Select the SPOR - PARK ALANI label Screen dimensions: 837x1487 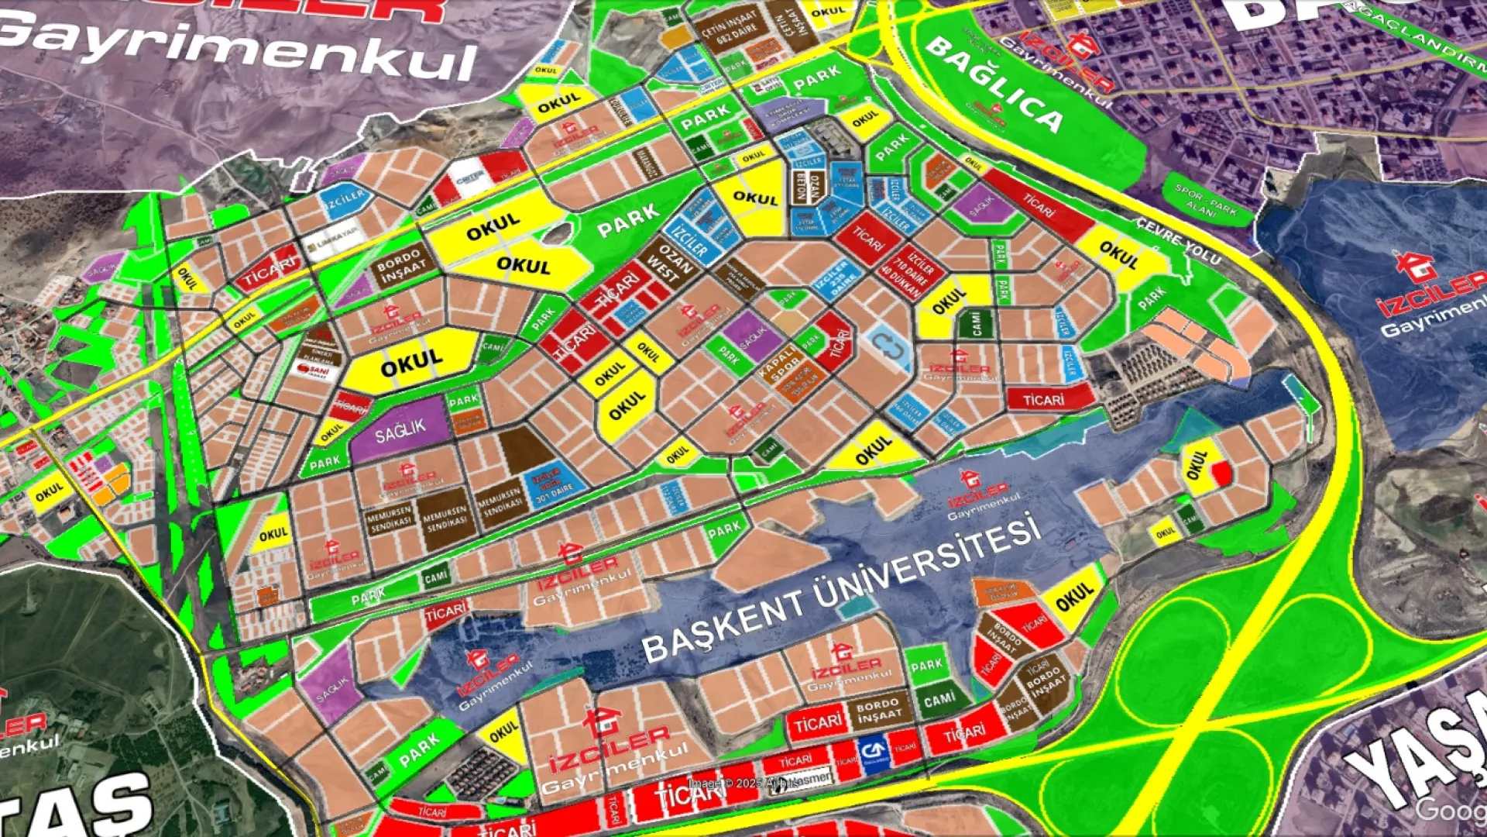click(x=1205, y=199)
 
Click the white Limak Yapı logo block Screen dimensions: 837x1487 click(x=331, y=243)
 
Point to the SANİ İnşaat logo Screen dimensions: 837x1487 click(x=318, y=370)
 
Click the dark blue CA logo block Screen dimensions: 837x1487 click(x=874, y=750)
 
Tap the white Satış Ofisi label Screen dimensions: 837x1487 click(x=768, y=85)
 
